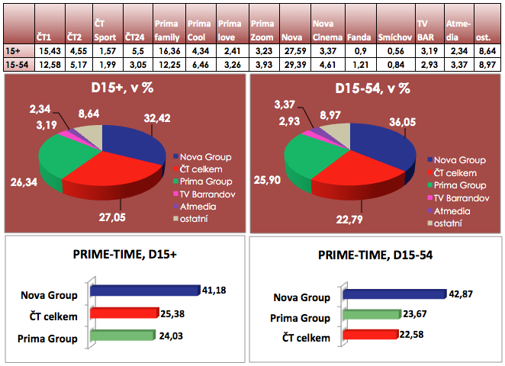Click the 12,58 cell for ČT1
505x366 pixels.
pyautogui.click(x=47, y=66)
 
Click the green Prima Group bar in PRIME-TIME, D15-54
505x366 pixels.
pyautogui.click(x=372, y=314)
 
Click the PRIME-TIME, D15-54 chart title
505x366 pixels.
pyautogui.click(x=375, y=258)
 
